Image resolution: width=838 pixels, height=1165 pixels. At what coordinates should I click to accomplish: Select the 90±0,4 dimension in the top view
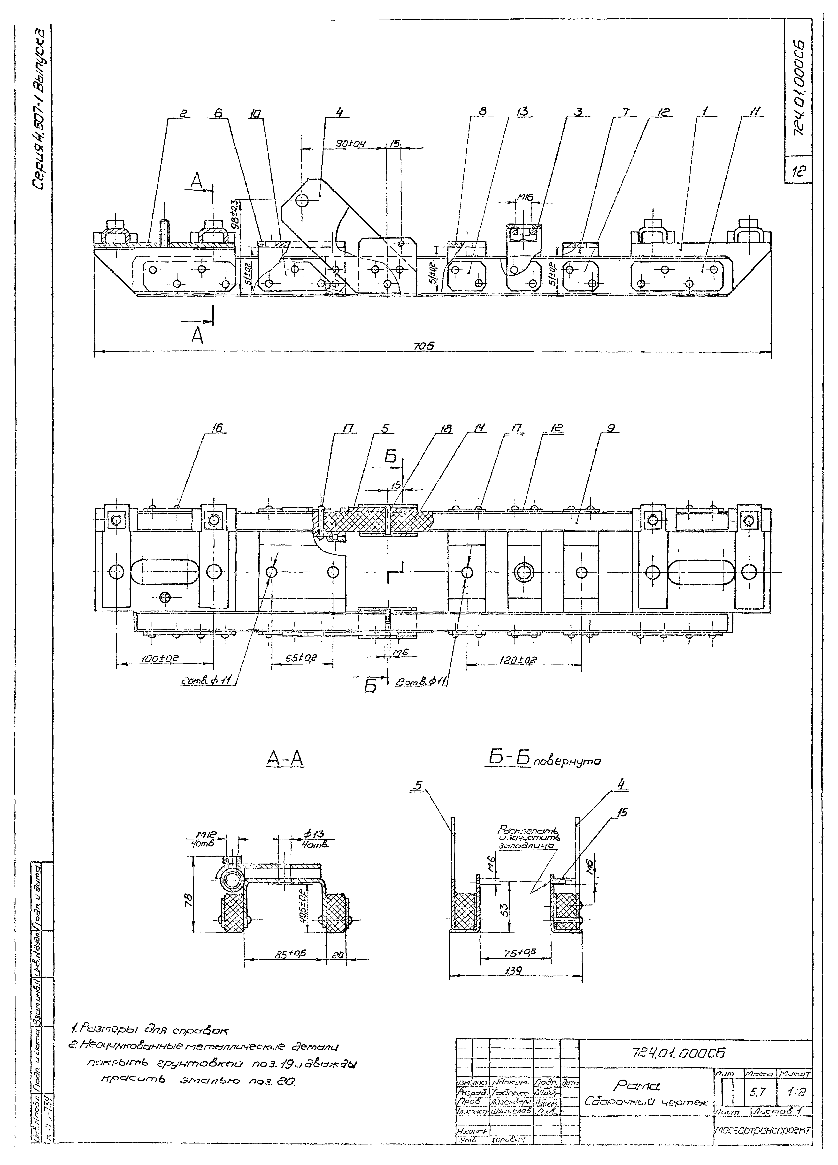tap(350, 144)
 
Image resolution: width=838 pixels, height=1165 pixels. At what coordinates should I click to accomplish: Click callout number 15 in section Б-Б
tap(623, 813)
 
